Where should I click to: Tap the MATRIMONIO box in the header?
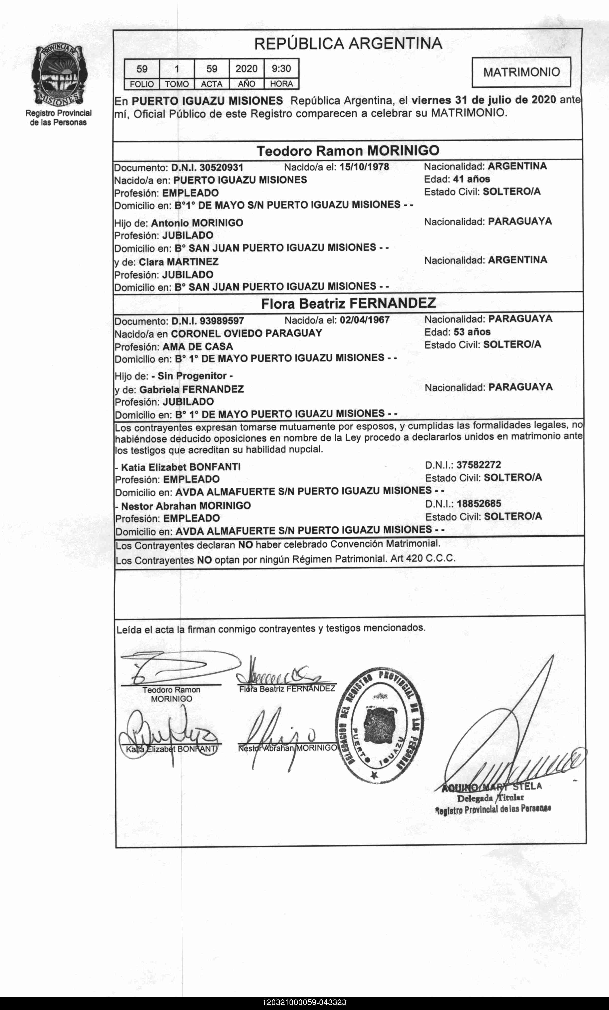pos(521,72)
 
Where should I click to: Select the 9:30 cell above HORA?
pos(281,68)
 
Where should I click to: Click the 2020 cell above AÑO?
pos(246,68)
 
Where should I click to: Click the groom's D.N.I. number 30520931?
pos(221,168)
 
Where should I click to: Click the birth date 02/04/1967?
pos(365,320)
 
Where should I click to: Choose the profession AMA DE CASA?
pos(198,347)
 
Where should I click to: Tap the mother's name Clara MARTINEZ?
pos(179,262)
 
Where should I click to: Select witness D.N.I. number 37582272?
pos(478,465)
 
